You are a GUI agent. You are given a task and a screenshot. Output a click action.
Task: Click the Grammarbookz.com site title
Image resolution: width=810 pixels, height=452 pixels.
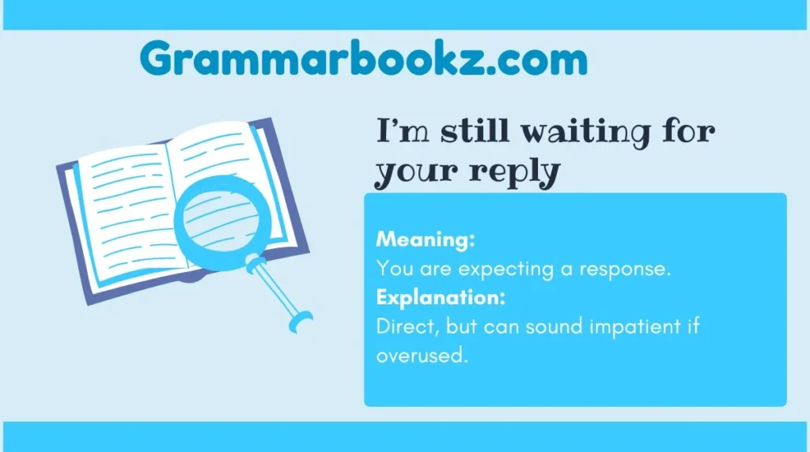(364, 59)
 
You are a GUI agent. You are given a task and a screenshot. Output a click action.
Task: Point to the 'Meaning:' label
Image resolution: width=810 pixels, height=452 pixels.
(426, 239)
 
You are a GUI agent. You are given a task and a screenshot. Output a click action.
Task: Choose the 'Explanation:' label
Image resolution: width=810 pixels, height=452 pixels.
(441, 298)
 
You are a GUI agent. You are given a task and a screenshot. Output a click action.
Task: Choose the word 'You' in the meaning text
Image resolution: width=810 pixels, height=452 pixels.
(394, 269)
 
